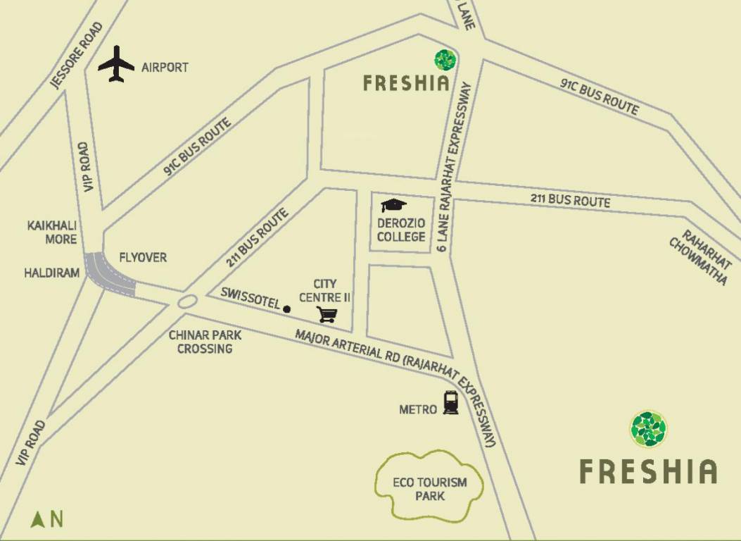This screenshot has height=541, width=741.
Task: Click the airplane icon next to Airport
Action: [x=116, y=64]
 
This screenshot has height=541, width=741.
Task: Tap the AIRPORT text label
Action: [x=165, y=68]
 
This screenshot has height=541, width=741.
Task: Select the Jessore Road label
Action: [x=77, y=56]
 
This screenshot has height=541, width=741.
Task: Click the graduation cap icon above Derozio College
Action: [x=393, y=206]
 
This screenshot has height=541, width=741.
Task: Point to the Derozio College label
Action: [x=401, y=230]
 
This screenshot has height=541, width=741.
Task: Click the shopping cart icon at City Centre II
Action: [x=327, y=314]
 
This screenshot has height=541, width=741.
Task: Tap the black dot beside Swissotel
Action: [x=286, y=309]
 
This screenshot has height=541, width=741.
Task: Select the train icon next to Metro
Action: [x=450, y=403]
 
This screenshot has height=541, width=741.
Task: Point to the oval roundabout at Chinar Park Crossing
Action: [x=187, y=302]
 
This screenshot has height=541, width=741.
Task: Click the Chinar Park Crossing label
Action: [x=205, y=342]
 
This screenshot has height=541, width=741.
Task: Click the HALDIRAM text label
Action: [x=52, y=273]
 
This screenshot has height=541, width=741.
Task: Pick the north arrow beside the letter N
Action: [x=38, y=520]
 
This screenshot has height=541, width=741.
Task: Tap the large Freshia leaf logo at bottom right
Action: [x=648, y=429]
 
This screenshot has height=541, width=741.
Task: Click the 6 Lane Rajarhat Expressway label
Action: [x=454, y=166]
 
